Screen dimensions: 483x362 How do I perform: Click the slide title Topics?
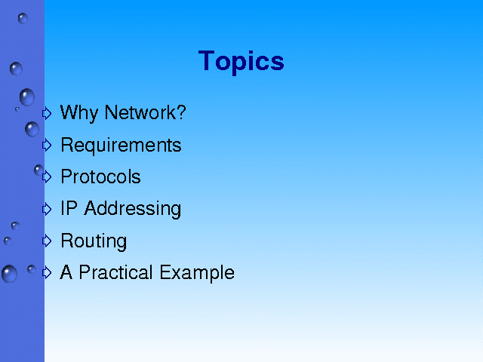[241, 62]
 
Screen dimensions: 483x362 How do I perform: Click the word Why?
[78, 113]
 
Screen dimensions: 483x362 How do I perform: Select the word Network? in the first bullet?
[146, 112]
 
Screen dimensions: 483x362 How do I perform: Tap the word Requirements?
[121, 145]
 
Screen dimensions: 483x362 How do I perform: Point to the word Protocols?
[100, 176]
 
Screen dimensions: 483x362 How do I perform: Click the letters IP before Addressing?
[69, 208]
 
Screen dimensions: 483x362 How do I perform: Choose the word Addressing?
[133, 209]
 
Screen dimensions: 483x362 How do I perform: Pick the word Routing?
[94, 241]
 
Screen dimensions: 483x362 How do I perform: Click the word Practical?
[115, 272]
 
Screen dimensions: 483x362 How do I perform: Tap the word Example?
[197, 273]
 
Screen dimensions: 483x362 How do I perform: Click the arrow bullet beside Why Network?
[47, 113]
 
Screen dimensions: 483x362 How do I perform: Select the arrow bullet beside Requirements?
[47, 145]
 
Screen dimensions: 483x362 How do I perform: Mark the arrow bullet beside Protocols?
[47, 176]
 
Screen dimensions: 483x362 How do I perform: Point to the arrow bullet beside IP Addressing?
[47, 209]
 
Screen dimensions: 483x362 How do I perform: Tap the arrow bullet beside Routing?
[47, 241]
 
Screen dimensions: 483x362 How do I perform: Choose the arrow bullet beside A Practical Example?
[47, 272]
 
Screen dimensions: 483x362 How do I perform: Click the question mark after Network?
[182, 112]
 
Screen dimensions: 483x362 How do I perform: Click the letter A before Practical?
[66, 272]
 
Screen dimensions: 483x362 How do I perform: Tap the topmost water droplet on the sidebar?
[23, 18]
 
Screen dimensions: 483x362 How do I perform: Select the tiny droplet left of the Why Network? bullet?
[17, 109]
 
